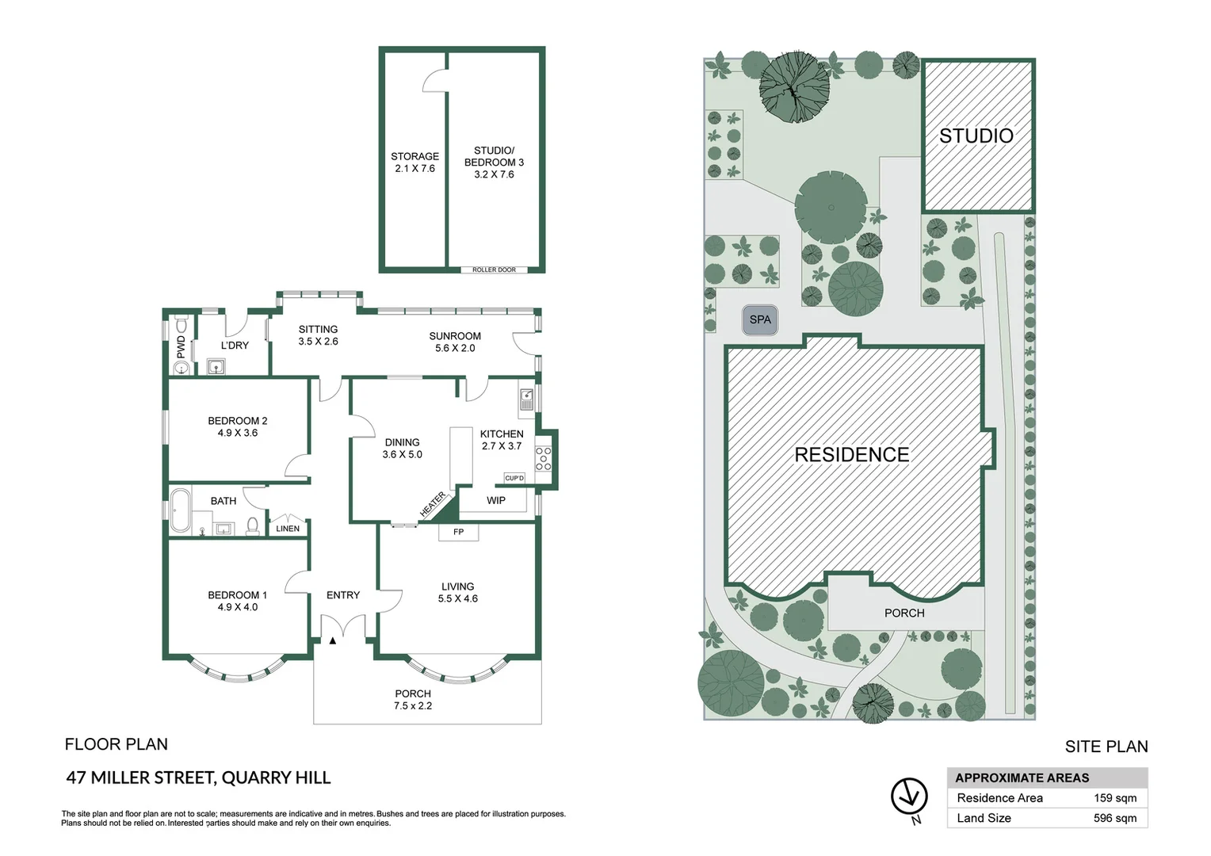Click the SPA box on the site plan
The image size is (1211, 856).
[x=759, y=320]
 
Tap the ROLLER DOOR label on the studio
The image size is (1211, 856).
[x=494, y=269]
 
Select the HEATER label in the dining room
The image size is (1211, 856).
[x=433, y=504]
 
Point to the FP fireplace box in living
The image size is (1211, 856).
[x=458, y=532]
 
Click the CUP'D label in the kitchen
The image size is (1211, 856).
[x=514, y=478]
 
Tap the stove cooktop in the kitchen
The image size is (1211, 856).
[x=543, y=458]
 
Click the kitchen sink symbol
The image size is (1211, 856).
[x=527, y=399]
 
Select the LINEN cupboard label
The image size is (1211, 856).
[x=288, y=529]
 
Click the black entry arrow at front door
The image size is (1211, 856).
[x=333, y=640]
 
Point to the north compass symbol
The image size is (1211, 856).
[x=909, y=797]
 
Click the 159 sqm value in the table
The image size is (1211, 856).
[x=1114, y=798]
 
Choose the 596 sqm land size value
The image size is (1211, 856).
[x=1114, y=818]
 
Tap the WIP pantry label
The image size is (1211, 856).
[x=496, y=500]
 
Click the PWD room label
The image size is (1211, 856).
[x=181, y=346]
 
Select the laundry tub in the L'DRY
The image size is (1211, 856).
[x=216, y=366]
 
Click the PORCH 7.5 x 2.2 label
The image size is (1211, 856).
[x=413, y=699]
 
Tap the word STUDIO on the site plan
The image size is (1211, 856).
[x=976, y=136]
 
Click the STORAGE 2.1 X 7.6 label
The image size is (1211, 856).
[x=414, y=162]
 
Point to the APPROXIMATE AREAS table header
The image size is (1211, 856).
[x=1022, y=778]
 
